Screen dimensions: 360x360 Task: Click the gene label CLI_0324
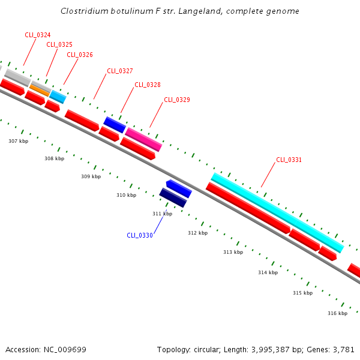pyautogui.click(x=37, y=35)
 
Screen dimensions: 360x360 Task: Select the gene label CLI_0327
pyautogui.click(x=120, y=71)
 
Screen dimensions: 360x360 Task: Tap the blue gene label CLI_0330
pyautogui.click(x=140, y=235)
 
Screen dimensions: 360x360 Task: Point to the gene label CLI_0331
pyautogui.click(x=289, y=160)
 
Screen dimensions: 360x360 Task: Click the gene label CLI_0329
pyautogui.click(x=177, y=100)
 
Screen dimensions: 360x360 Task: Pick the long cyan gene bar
pyautogui.click(x=277, y=213)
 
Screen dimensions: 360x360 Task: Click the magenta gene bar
pyautogui.click(x=143, y=139)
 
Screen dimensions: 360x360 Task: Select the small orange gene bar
pyautogui.click(x=40, y=90)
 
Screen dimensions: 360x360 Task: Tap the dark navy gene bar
pyautogui.click(x=173, y=197)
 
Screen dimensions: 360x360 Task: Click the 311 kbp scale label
pyautogui.click(x=162, y=214)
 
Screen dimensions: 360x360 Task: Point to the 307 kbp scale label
pyautogui.click(x=18, y=141)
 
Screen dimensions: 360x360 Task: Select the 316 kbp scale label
pyautogui.click(x=337, y=313)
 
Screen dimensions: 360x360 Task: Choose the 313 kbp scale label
pyautogui.click(x=233, y=252)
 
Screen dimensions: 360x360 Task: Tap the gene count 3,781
pyautogui.click(x=343, y=349)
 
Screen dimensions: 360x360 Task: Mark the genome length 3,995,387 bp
pyautogui.click(x=278, y=349)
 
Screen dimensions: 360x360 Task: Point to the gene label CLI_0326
pyautogui.click(x=80, y=55)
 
